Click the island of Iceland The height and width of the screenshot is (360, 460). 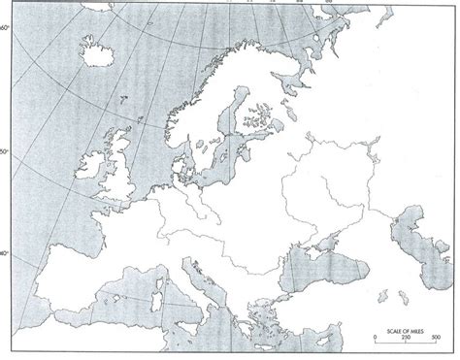[x=99, y=54]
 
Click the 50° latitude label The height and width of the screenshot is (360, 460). [x=6, y=152]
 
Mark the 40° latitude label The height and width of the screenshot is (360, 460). [x=6, y=254]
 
